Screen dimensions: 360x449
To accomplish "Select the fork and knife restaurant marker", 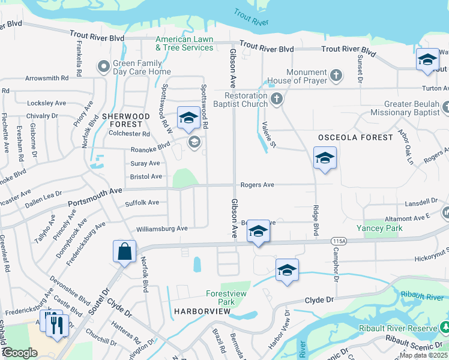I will [57, 325].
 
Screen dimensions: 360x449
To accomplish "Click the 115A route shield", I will [339, 241].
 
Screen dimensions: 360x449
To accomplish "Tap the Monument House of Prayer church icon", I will [336, 76].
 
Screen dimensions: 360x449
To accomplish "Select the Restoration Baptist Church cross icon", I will [276, 99].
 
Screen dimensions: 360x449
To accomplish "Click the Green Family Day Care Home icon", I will [104, 66].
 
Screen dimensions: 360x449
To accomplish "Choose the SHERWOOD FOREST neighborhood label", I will [125, 120].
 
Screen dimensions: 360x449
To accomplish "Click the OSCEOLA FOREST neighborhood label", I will [355, 137].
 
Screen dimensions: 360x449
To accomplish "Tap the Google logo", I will [20, 352].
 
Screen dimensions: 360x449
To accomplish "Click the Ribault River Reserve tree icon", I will [445, 328].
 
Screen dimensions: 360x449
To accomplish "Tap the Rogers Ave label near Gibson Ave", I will [258, 185].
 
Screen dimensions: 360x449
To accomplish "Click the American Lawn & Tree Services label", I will [184, 43].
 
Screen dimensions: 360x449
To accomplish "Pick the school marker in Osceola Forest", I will [325, 158].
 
